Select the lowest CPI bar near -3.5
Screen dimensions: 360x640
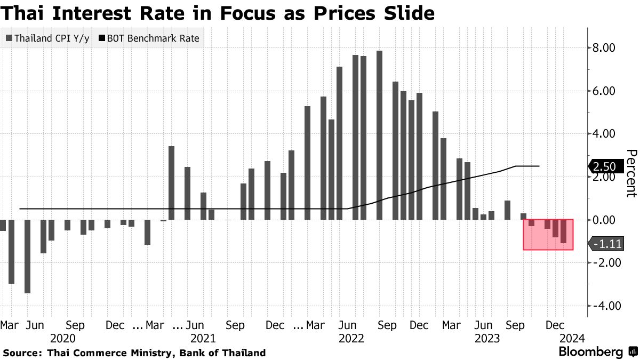(x=27, y=256)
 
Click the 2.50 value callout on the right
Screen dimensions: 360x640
(x=604, y=166)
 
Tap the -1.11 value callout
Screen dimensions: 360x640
(x=604, y=244)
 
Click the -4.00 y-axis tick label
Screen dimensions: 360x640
(x=603, y=306)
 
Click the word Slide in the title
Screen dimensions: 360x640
(x=405, y=13)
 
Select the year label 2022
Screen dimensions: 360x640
(x=351, y=338)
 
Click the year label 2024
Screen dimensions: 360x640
(x=572, y=338)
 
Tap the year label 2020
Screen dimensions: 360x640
(x=63, y=338)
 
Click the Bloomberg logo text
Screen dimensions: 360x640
(x=591, y=352)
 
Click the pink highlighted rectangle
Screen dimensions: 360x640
(x=548, y=234)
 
